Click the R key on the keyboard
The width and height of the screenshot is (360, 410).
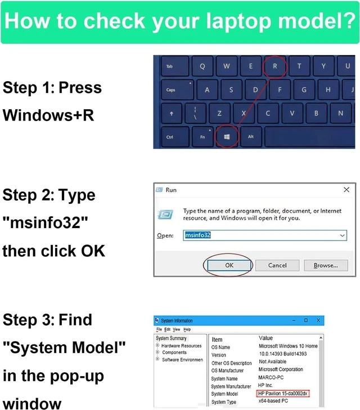point(274,66)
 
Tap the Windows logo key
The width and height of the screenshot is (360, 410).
point(227,137)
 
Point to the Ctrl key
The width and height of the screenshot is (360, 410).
point(175,137)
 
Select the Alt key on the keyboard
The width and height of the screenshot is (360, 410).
point(251,137)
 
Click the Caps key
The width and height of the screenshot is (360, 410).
point(177,90)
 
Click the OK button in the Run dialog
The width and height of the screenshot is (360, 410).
point(229,265)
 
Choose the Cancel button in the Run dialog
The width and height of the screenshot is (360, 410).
point(277,265)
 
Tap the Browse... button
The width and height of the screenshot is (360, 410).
point(326,265)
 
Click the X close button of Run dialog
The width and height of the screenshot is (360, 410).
point(346,190)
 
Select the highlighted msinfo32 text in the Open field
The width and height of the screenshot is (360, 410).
point(198,235)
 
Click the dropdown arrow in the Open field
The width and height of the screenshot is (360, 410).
point(342,235)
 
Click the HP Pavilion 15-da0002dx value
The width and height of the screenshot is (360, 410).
point(283,394)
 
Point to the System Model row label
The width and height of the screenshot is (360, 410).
point(224,394)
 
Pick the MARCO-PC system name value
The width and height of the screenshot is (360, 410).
point(271,377)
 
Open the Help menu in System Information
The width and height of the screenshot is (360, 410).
point(187,329)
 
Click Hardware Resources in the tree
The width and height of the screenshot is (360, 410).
point(181,346)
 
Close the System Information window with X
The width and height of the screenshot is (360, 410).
point(318,320)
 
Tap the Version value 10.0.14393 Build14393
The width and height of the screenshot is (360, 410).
point(283,354)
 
